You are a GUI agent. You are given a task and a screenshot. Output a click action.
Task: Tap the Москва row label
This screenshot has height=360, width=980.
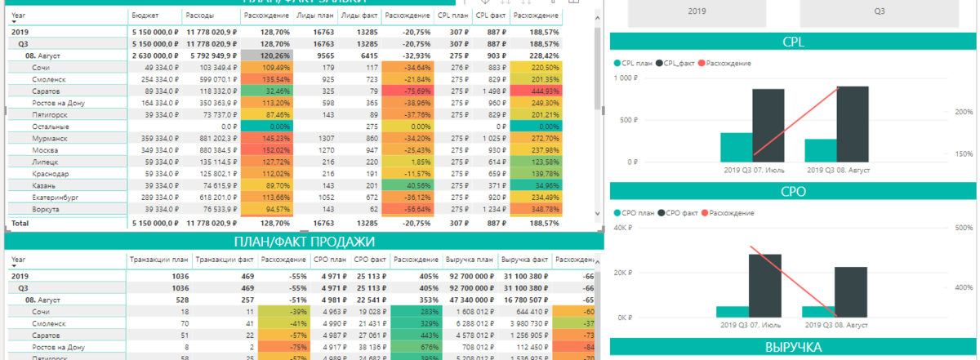click(x=45, y=151)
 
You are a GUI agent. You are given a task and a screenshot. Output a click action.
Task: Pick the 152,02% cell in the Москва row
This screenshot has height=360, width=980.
click(x=266, y=151)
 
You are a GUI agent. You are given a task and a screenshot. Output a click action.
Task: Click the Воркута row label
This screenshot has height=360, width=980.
click(x=46, y=210)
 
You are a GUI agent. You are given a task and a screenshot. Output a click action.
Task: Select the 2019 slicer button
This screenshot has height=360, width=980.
click(x=697, y=12)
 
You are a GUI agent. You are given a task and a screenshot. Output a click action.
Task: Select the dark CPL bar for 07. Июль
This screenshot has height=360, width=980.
click(x=768, y=125)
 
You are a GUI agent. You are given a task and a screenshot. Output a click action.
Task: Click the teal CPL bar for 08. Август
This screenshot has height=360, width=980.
click(x=820, y=150)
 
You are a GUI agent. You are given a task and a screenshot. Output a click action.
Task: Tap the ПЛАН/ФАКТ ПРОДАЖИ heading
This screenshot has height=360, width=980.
click(x=304, y=242)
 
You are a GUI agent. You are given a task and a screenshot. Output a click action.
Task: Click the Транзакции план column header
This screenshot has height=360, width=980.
click(x=158, y=260)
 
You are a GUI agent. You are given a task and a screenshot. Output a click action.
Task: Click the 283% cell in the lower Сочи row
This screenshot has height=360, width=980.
click(x=414, y=312)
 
